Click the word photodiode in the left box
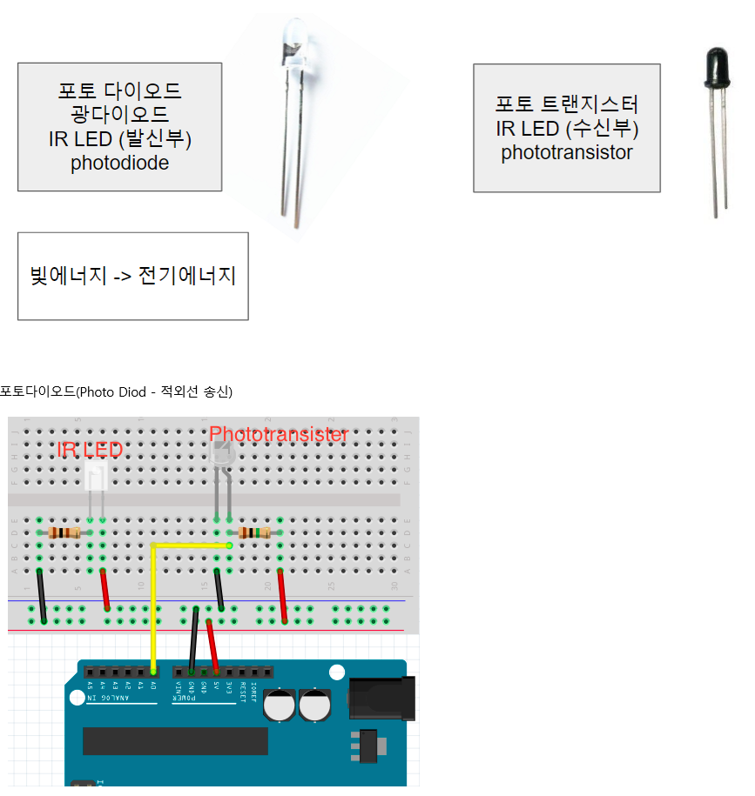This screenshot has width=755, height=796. point(119,163)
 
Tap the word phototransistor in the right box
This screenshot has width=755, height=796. point(566,152)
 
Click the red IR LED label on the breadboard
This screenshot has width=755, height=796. point(90,450)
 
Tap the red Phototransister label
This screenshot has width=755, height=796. point(279,434)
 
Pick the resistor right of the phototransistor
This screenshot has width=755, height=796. point(253,532)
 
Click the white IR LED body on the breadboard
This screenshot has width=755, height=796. point(97,477)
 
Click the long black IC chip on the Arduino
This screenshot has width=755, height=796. point(175,740)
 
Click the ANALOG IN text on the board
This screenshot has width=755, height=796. point(112,698)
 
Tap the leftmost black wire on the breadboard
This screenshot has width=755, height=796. point(41,596)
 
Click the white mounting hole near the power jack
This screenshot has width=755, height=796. point(337,672)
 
